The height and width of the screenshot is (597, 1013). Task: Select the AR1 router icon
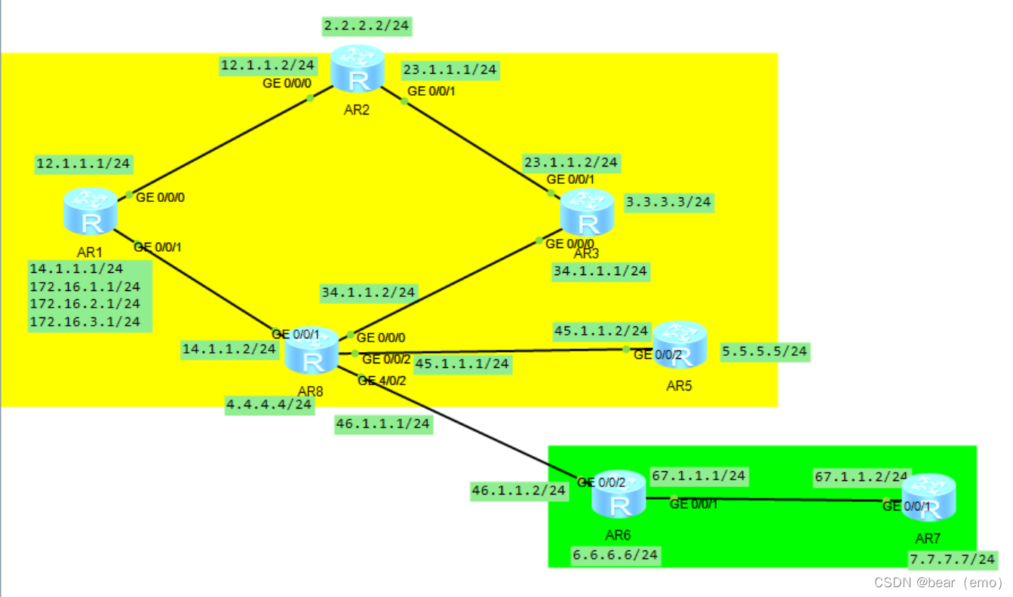(91, 212)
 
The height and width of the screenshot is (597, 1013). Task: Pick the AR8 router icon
(312, 352)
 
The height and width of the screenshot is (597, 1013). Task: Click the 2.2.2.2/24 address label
(367, 26)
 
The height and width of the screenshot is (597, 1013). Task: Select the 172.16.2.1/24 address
(85, 304)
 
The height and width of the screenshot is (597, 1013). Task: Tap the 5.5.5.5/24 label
(765, 351)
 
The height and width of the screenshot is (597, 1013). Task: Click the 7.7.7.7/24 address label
(953, 559)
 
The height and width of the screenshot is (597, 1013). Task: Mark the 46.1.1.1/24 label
(382, 424)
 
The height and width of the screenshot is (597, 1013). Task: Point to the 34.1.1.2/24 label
(369, 292)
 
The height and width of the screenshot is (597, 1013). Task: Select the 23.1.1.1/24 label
(450, 70)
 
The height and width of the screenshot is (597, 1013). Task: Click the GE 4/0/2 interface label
(383, 381)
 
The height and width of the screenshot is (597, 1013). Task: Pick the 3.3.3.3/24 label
(669, 202)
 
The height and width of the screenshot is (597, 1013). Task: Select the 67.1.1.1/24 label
(698, 476)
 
